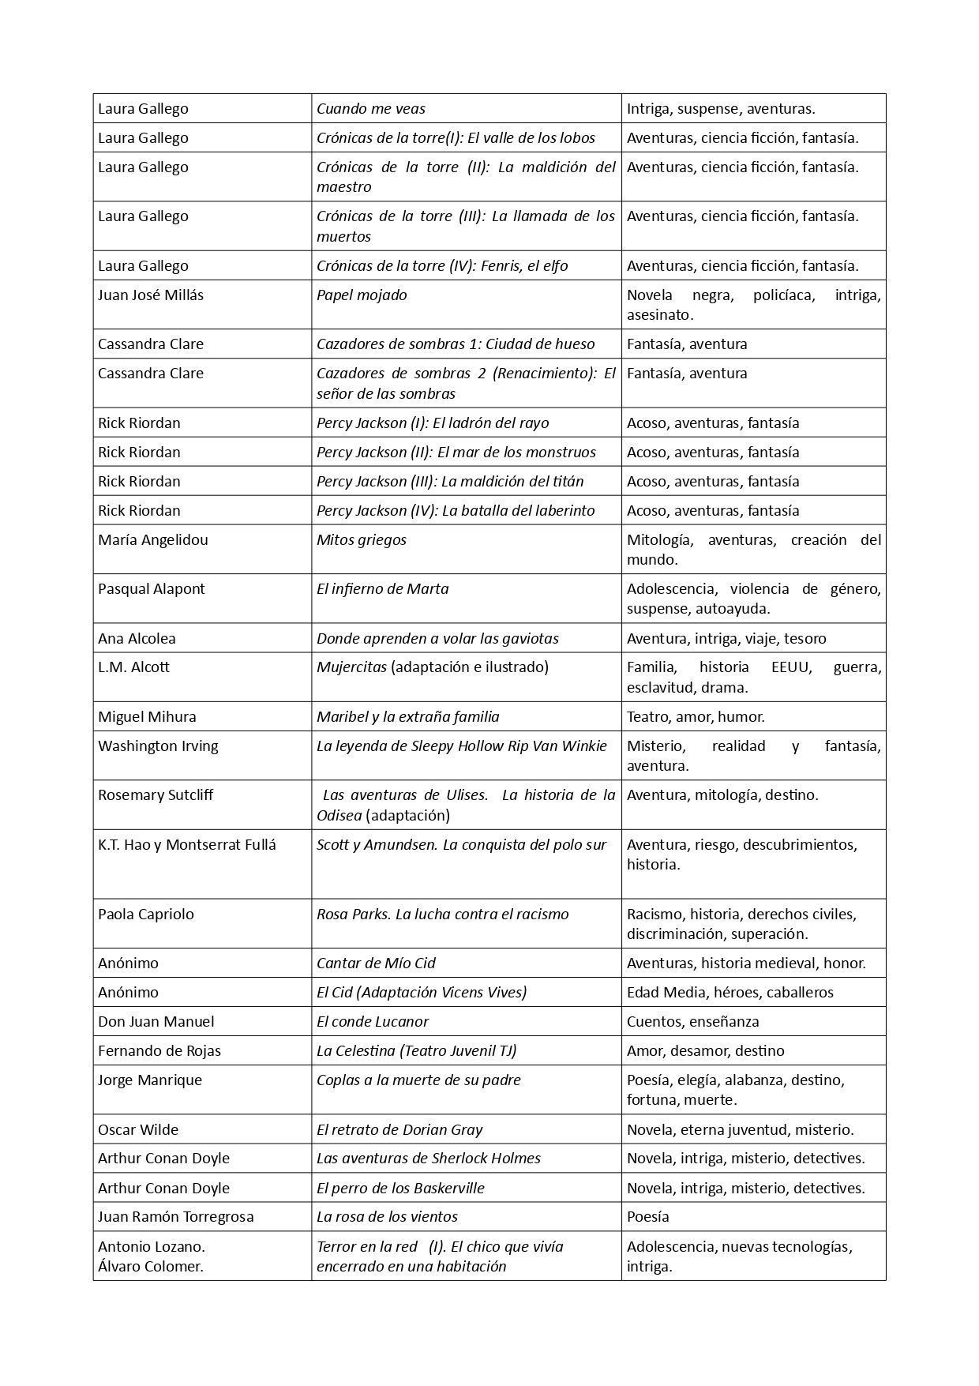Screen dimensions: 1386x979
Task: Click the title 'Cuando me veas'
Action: [370, 109]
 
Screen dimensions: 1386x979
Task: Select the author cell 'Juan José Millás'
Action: [151, 295]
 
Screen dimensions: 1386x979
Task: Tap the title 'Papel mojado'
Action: [362, 295]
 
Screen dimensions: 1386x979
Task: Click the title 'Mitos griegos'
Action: [362, 540]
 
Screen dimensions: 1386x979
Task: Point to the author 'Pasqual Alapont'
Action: [152, 589]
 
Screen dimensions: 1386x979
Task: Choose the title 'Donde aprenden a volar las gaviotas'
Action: [437, 639]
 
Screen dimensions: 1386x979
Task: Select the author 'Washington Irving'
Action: [158, 746]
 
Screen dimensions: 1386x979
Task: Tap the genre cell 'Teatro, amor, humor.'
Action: [696, 717]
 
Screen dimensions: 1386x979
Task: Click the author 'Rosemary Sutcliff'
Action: [156, 795]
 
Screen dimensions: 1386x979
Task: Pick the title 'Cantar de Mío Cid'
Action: [376, 963]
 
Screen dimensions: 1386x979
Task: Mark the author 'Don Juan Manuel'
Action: [156, 1022]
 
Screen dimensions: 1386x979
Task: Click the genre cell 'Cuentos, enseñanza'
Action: [692, 1022]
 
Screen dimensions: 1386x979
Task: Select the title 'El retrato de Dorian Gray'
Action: [399, 1130]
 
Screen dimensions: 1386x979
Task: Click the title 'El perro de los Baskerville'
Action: [400, 1189]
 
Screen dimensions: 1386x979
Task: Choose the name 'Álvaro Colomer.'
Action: [151, 1267]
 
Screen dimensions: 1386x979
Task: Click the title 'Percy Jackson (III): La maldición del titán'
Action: [450, 482]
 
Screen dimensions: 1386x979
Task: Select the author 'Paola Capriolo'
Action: [146, 915]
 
